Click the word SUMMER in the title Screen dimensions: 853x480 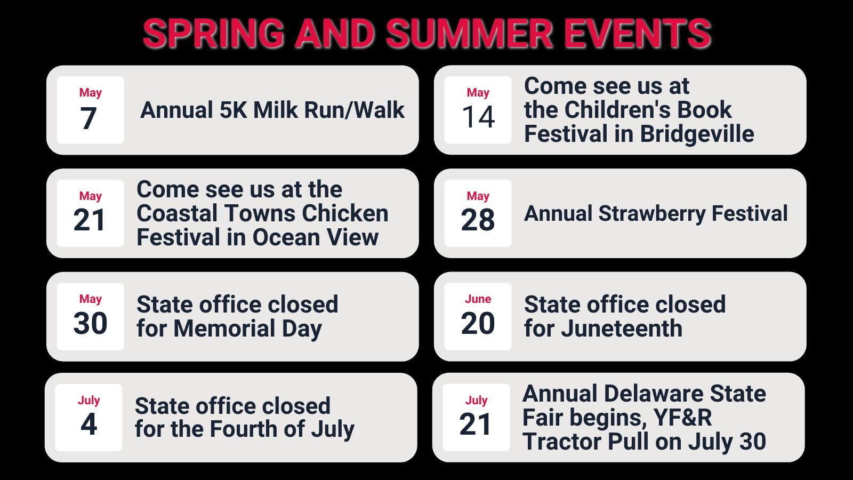[469, 34]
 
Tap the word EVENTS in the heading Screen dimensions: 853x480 [638, 34]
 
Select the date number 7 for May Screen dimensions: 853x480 [88, 118]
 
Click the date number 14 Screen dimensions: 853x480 [478, 117]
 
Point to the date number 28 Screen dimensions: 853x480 [478, 220]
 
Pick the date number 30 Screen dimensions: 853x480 [90, 323]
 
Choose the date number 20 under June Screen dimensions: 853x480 [478, 323]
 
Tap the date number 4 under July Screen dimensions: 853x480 [88, 424]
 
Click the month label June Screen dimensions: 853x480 [478, 299]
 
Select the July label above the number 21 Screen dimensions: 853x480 [476, 401]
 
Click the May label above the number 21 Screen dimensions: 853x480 [90, 196]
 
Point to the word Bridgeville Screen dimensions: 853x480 [697, 134]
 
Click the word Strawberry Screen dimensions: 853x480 [652, 214]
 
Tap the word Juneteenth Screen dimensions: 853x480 [622, 329]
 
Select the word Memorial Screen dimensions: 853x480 [224, 329]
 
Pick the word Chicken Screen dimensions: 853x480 [345, 213]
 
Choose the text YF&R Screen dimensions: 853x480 [682, 418]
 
